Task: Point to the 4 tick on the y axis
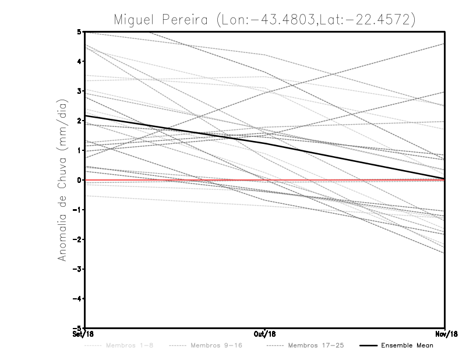(80, 61)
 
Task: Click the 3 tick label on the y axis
(80, 91)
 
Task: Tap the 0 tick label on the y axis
(80, 180)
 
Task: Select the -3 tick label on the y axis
(78, 269)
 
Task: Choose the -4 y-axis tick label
(78, 299)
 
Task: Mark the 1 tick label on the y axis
(80, 150)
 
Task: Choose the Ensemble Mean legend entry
(407, 345)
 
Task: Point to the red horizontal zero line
(349, 180)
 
